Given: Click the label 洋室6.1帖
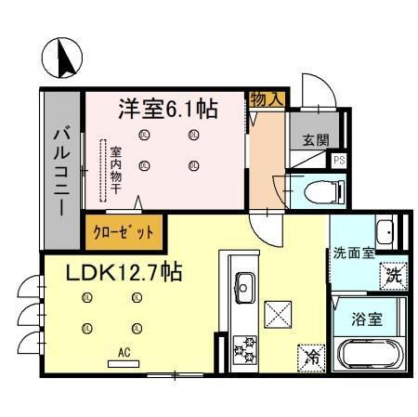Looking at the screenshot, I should (x=167, y=109).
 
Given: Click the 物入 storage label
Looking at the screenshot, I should (x=268, y=97).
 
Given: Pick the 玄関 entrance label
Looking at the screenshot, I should (x=315, y=140).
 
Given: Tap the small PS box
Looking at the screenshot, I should (x=339, y=159).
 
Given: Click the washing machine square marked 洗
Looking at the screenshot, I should (x=394, y=274).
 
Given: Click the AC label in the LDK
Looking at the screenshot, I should (x=123, y=351).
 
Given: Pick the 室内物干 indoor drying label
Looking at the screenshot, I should (x=115, y=167).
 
